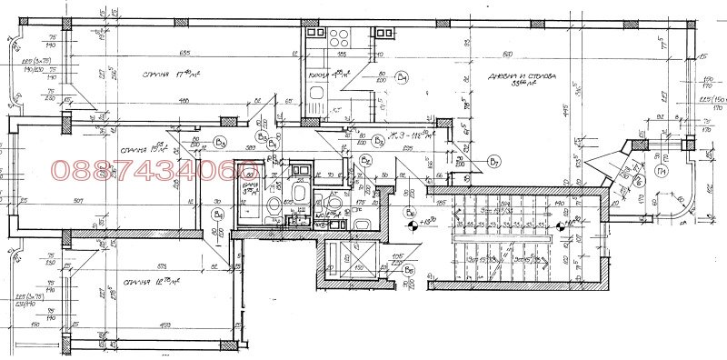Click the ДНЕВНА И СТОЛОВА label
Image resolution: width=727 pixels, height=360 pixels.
[522, 79]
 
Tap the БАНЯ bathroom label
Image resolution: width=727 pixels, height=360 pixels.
[252, 188]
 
